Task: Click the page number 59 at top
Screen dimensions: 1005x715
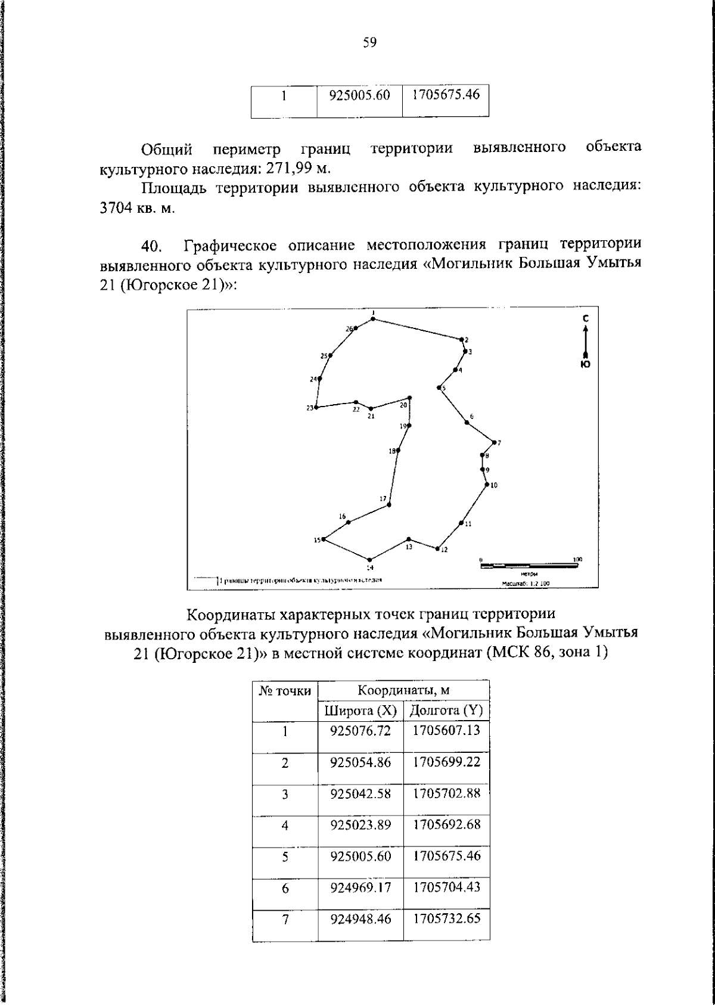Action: pos(369,42)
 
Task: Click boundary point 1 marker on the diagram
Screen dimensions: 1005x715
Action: pos(373,319)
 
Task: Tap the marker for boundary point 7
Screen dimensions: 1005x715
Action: pos(494,442)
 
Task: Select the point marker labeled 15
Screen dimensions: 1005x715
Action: pos(324,539)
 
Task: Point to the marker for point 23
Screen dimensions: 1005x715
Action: pos(316,408)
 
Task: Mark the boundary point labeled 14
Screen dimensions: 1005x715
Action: pos(369,559)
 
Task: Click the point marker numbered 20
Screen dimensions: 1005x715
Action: pos(409,398)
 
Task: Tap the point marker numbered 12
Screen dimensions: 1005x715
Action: pos(437,548)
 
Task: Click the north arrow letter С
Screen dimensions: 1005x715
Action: pos(586,320)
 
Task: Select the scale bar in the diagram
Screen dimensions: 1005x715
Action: pos(527,564)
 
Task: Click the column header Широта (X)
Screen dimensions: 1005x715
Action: pos(360,711)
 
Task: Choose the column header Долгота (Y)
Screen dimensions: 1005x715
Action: pos(446,711)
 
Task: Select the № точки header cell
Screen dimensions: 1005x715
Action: pos(285,691)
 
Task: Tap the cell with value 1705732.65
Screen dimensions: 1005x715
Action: pos(446,919)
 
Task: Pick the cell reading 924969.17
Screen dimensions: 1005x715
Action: pos(360,888)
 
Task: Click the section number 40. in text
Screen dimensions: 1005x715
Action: pos(152,246)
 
